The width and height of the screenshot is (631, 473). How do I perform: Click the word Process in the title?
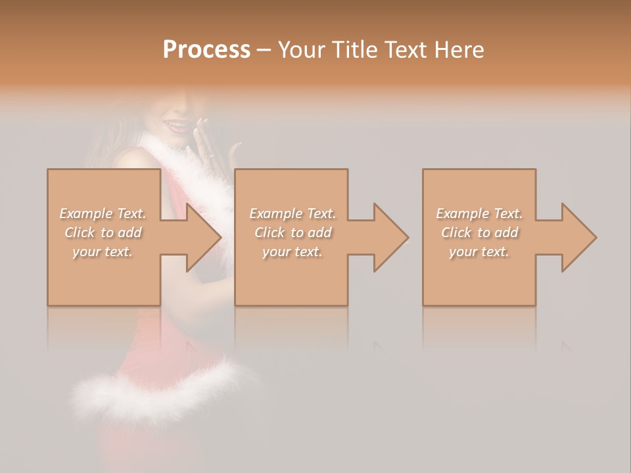pos(206,50)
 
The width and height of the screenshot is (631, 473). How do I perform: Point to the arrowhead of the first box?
pos(204,237)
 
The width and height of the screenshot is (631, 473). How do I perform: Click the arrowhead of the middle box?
pos(391,237)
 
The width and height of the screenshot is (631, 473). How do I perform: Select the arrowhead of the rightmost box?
pos(579,237)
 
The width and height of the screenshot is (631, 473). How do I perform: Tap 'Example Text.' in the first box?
pos(103,214)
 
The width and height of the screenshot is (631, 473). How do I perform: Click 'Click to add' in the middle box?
pos(292,233)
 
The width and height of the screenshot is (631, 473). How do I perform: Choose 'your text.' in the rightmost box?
pos(479,252)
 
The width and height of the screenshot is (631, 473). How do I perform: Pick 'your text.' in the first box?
pos(103,252)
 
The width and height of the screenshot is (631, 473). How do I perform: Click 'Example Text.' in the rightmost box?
pos(479,214)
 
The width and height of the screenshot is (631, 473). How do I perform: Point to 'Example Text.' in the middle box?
pos(292,214)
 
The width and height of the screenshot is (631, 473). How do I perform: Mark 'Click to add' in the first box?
pos(103,233)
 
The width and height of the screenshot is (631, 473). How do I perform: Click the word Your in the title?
pos(300,50)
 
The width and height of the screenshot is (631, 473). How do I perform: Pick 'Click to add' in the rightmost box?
pos(479,233)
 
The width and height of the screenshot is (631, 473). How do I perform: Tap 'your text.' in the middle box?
pos(292,252)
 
